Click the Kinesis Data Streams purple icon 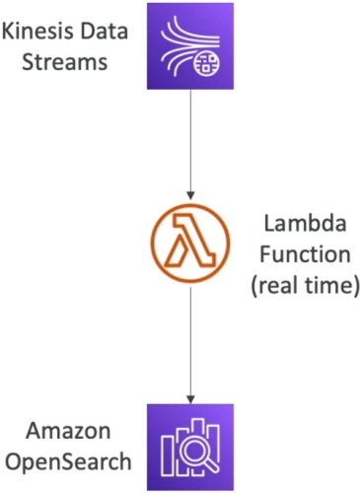click(x=190, y=46)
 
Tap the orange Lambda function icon click(x=190, y=243)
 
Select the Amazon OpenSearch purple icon click(x=190, y=447)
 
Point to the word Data click(x=105, y=32)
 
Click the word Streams click(x=65, y=61)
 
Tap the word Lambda click(x=306, y=223)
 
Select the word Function click(x=306, y=254)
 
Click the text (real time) click(x=306, y=285)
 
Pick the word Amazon click(x=68, y=431)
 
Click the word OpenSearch click(x=68, y=461)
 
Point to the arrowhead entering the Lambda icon click(x=190, y=195)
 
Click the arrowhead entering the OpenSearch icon click(x=190, y=399)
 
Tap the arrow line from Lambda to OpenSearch click(x=190, y=345)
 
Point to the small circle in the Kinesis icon click(x=207, y=63)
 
